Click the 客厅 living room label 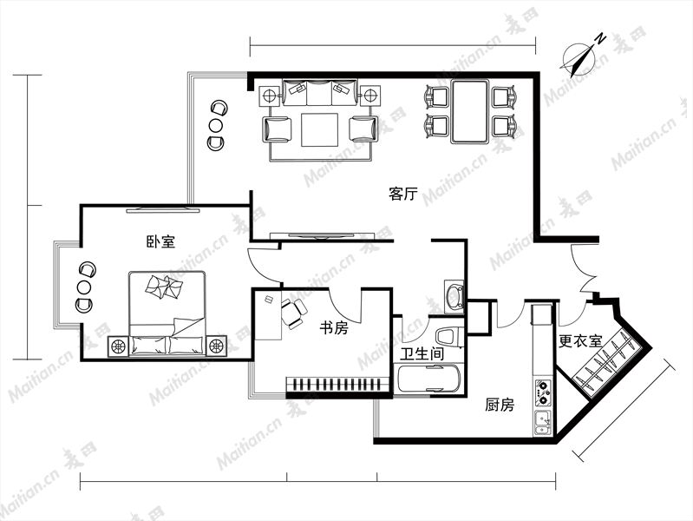tap(403, 194)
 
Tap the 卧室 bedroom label tap(160, 241)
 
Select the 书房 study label tap(334, 328)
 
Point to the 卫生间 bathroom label tap(422, 353)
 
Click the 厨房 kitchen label tap(500, 405)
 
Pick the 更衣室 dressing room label tap(580, 341)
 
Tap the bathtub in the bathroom tap(428, 379)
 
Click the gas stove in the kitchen tap(543, 392)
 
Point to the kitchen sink tap(543, 423)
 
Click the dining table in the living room tap(469, 111)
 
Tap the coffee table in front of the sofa tap(319, 129)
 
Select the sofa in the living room tap(319, 93)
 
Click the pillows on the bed tap(164, 287)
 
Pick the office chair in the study tap(293, 313)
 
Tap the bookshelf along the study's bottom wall tap(338, 384)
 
